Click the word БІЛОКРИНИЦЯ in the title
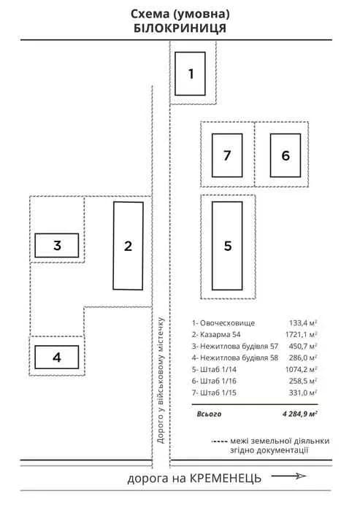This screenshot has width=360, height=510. point(180,28)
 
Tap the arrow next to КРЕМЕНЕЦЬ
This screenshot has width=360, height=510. point(289,476)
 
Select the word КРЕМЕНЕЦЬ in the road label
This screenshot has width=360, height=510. point(225,479)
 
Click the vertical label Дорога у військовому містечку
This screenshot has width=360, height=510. point(161,381)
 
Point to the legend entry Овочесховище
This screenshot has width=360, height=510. point(227,323)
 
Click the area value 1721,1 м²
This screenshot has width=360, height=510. point(301,334)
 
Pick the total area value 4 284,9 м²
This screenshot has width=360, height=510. point(300,414)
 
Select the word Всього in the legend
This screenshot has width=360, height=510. point(209,414)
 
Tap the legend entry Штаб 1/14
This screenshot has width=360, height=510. point(218,369)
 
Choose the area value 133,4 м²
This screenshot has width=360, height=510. point(303,323)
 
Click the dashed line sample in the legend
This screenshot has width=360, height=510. point(219,441)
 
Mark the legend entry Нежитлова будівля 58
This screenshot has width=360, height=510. point(239,358)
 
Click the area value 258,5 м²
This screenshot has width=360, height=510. point(303,381)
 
